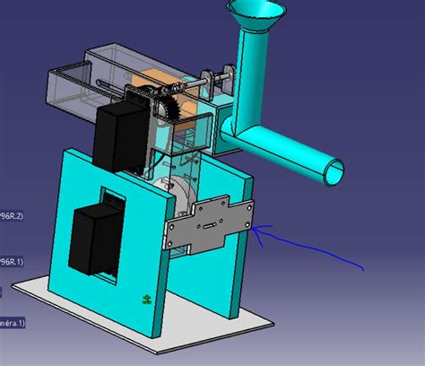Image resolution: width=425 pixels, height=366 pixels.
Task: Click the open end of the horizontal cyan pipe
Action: click(333, 171)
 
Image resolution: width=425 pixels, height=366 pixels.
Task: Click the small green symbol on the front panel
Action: click(143, 299)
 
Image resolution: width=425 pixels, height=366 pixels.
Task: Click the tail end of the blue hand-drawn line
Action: click(363, 267)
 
